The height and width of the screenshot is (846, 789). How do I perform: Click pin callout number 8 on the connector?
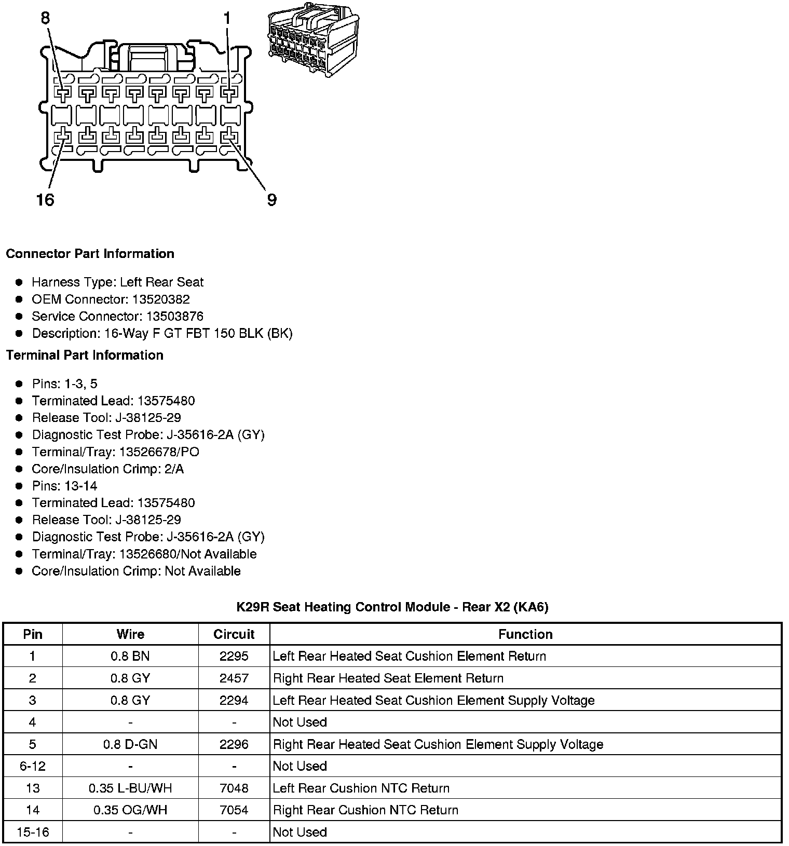pyautogui.click(x=45, y=19)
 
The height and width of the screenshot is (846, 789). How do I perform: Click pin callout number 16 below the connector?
pyautogui.click(x=45, y=199)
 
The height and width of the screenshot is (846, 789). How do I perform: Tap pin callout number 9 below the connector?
pyautogui.click(x=271, y=199)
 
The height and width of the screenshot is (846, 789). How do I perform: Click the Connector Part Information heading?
pyautogui.click(x=90, y=254)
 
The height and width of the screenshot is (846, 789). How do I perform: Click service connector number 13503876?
pyautogui.click(x=174, y=317)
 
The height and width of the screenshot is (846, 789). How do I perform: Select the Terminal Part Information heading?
pyautogui.click(x=85, y=355)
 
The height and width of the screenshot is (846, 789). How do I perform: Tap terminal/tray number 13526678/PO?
pyautogui.click(x=159, y=452)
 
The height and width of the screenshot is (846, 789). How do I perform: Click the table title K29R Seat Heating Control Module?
pyautogui.click(x=392, y=607)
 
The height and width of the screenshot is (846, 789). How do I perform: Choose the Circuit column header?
pyautogui.click(x=234, y=634)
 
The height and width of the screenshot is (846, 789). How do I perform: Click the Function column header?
pyautogui.click(x=525, y=634)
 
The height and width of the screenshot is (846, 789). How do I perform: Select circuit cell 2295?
pyautogui.click(x=234, y=656)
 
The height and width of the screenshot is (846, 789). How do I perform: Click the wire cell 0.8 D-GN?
pyautogui.click(x=130, y=744)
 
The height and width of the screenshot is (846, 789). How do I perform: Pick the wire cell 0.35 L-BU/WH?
pyautogui.click(x=130, y=788)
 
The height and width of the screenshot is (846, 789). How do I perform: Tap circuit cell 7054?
pyautogui.click(x=234, y=810)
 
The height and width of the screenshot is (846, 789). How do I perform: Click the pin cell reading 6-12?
pyautogui.click(x=33, y=766)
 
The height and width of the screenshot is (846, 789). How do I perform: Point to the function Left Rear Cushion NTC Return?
pyautogui.click(x=361, y=788)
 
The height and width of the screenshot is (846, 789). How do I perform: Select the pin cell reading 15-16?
pyautogui.click(x=33, y=832)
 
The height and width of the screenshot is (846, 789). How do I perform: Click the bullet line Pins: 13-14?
pyautogui.click(x=64, y=486)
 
